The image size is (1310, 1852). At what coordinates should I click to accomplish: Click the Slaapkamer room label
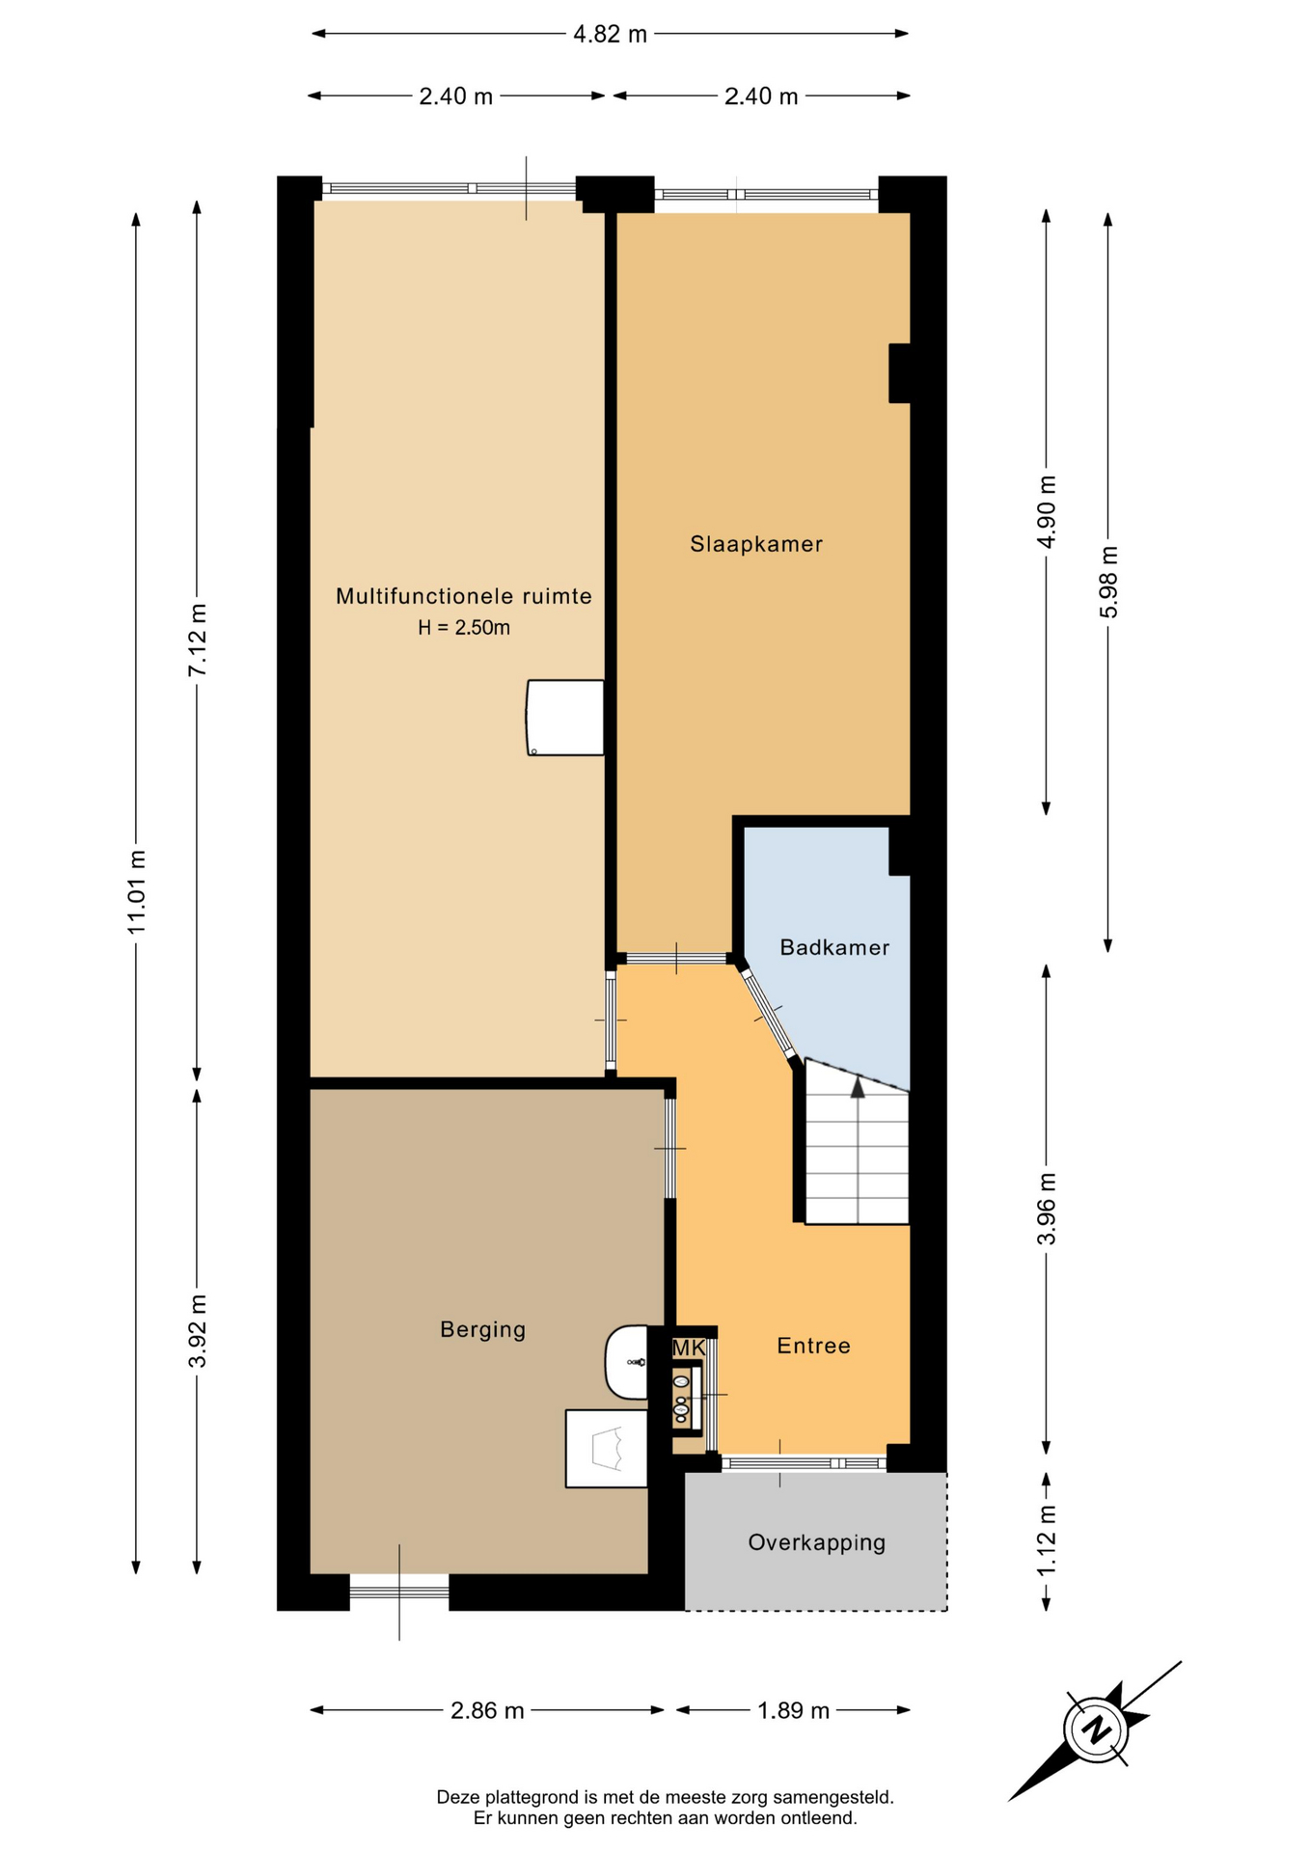tap(756, 544)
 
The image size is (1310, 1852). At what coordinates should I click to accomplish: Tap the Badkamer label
tap(834, 947)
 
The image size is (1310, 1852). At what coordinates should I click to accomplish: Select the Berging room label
tap(483, 1329)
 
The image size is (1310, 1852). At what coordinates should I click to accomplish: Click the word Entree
tap(814, 1346)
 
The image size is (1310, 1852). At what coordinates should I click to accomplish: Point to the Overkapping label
tap(817, 1542)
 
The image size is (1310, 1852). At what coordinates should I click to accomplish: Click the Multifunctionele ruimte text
tap(464, 596)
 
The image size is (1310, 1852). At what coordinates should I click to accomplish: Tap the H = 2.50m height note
tap(464, 627)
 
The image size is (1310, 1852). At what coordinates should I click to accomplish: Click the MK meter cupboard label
tap(689, 1348)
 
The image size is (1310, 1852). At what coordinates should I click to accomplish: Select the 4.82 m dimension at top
tap(610, 35)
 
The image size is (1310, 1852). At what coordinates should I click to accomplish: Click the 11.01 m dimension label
tap(136, 891)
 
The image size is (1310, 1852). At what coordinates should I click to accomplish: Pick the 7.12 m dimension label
tap(197, 640)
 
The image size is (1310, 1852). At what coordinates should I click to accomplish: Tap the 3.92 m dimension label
tap(197, 1331)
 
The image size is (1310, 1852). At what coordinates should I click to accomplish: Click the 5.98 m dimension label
tap(1108, 582)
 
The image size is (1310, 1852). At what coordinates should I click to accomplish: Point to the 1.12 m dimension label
tap(1047, 1541)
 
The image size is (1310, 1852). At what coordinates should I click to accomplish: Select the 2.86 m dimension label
tap(487, 1710)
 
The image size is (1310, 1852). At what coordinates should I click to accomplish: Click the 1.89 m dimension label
tap(793, 1710)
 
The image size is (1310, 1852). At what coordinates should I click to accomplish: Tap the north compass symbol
tap(1096, 1729)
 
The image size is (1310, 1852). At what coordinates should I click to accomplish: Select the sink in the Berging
tap(627, 1362)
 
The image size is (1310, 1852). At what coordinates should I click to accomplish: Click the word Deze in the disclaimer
tap(459, 1797)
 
